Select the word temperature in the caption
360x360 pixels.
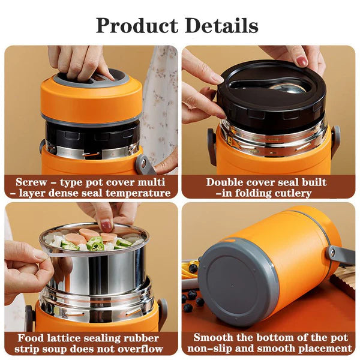click(142, 193)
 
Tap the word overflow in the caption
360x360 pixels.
click(145, 349)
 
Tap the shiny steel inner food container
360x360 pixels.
click(96, 273)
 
